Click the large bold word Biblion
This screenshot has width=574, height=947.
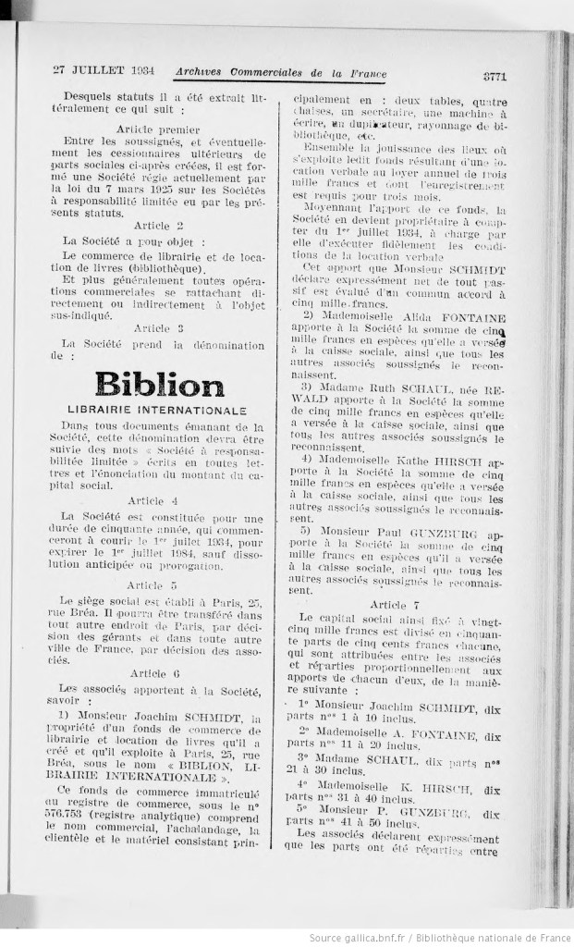pos(158,384)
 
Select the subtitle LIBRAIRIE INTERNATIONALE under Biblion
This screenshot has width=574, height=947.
pos(157,409)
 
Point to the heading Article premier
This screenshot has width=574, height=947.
pos(158,128)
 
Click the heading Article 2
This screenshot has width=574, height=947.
pos(158,225)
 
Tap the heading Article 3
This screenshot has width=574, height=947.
pos(158,327)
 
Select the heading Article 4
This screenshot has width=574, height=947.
pos(158,499)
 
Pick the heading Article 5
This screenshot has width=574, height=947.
pos(158,585)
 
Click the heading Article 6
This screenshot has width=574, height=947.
pos(158,672)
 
